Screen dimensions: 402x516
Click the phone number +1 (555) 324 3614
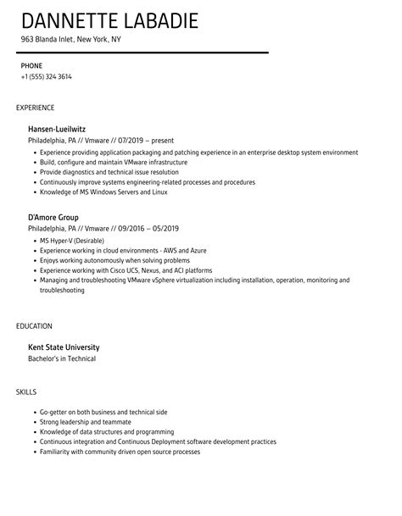pyautogui.click(x=47, y=76)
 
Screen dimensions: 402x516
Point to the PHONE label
pyautogui.click(x=32, y=64)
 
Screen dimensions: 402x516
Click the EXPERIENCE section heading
pyautogui.click(x=36, y=108)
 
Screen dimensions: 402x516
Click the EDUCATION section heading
pyautogui.click(x=34, y=325)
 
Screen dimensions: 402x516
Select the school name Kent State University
pyautogui.click(x=64, y=347)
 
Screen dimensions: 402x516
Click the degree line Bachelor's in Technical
pyautogui.click(x=62, y=359)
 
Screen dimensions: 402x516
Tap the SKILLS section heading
pyautogui.click(x=27, y=392)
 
